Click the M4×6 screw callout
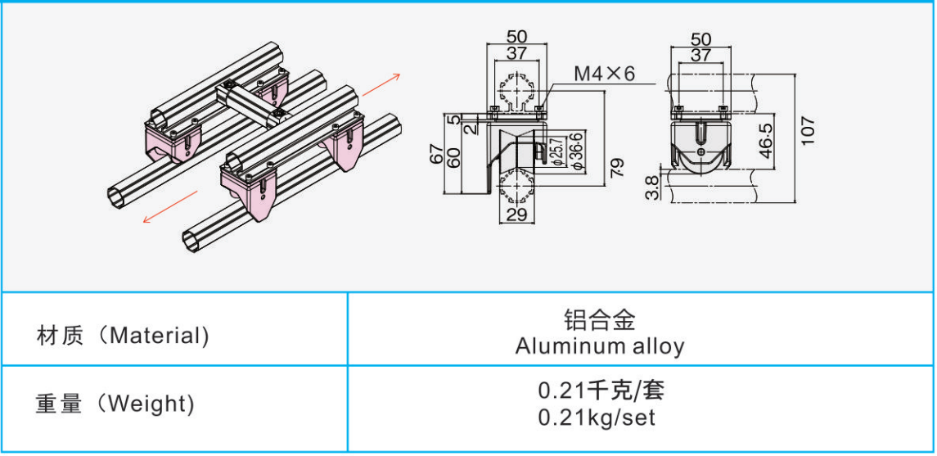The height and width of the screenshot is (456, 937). tap(604, 74)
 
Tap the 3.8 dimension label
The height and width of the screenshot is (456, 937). tap(651, 188)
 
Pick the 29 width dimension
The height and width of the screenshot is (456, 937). tap(516, 214)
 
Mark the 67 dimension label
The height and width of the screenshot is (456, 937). tap(438, 153)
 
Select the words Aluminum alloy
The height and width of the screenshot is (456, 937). tap(599, 346)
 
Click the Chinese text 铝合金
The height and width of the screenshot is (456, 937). tap(599, 318)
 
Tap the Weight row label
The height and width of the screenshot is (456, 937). tap(115, 404)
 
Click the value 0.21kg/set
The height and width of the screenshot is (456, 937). tap(597, 418)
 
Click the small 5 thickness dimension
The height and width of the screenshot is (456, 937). tap(453, 119)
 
